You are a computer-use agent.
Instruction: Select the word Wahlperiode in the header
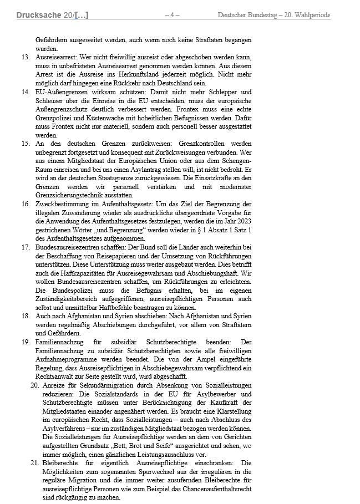click(308, 15)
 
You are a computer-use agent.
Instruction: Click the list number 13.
click(26, 58)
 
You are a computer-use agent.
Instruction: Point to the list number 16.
click(26, 203)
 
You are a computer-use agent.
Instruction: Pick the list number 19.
click(26, 342)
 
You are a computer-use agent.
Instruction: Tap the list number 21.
click(33, 462)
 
